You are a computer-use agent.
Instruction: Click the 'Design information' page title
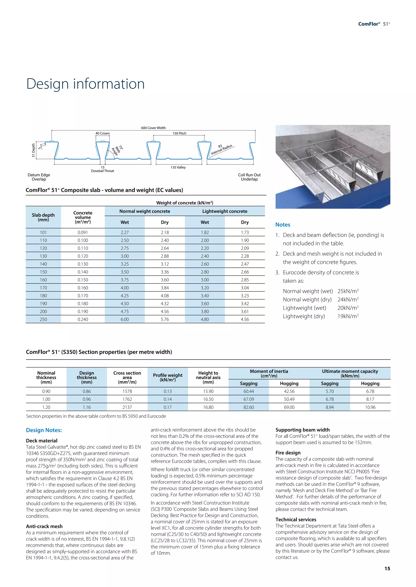pyautogui.click(x=85, y=84)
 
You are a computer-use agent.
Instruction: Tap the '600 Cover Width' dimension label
pyautogui.click(x=153, y=128)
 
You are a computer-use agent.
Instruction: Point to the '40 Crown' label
pyautogui.click(x=102, y=133)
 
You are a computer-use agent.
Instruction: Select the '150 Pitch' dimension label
pyautogui.click(x=179, y=133)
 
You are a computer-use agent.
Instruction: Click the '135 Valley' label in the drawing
pyautogui.click(x=178, y=167)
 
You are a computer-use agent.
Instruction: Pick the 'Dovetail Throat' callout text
pyautogui.click(x=102, y=171)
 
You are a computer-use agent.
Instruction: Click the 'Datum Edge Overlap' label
pyautogui.click(x=39, y=177)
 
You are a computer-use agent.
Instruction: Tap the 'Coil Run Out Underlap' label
pyautogui.click(x=249, y=177)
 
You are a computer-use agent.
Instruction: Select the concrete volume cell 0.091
pyautogui.click(x=83, y=232)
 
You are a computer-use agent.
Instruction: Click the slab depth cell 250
pyautogui.click(x=43, y=319)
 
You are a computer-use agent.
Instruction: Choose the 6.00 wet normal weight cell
pyautogui.click(x=125, y=319)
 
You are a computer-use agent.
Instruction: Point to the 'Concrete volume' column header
pyautogui.click(x=83, y=217)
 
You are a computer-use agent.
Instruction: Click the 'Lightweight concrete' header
pyautogui.click(x=225, y=211)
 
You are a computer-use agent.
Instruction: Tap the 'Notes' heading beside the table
pyautogui.click(x=283, y=225)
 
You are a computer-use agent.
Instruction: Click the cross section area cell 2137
pyautogui.click(x=127, y=407)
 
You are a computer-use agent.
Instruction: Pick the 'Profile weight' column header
pyautogui.click(x=168, y=377)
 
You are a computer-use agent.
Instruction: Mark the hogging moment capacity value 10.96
pyautogui.click(x=370, y=407)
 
